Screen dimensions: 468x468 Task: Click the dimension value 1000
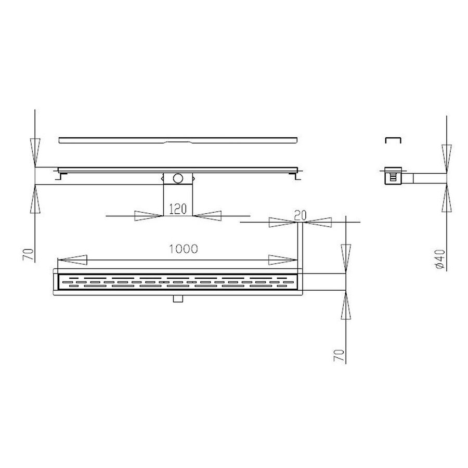183,249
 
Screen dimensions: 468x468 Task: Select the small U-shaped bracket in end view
392,140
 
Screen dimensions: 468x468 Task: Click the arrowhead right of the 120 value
208,215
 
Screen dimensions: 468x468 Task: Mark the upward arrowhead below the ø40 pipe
446,199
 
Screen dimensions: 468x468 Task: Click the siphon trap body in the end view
393,177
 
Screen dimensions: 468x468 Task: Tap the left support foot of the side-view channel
61,176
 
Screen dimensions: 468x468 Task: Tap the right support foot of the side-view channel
296,176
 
